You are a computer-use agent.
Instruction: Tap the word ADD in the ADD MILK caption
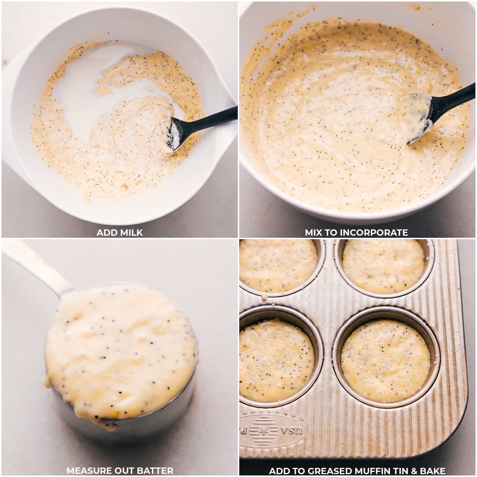[107, 233]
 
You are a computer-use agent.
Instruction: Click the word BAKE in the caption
[432, 471]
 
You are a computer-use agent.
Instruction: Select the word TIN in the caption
[407, 471]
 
